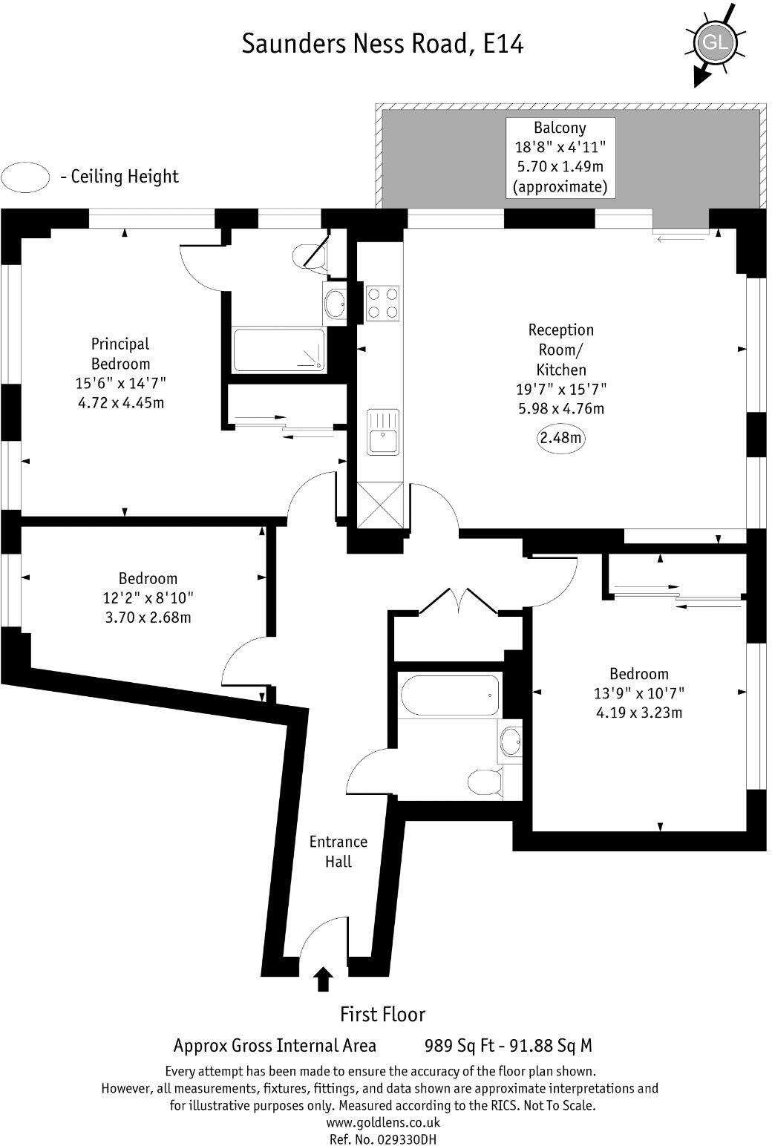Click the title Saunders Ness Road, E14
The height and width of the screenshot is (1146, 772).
click(382, 44)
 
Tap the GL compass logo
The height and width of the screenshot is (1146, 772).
click(715, 43)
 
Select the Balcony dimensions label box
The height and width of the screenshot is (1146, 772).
click(560, 157)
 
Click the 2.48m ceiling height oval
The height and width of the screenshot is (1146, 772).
click(560, 438)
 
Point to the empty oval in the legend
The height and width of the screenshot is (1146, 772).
click(26, 177)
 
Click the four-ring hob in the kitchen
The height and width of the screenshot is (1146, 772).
click(382, 302)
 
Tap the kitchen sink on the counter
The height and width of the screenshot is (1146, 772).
click(382, 432)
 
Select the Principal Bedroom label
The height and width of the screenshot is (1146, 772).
click(120, 353)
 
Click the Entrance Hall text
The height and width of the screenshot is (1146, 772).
click(338, 851)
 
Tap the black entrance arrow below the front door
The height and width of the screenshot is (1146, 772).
click(322, 979)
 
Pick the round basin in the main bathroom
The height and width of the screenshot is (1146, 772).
click(510, 740)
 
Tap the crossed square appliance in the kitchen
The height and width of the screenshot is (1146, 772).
click(378, 505)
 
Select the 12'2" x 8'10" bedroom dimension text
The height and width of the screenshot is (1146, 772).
click(148, 597)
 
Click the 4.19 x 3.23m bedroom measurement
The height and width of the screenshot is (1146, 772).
click(639, 713)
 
